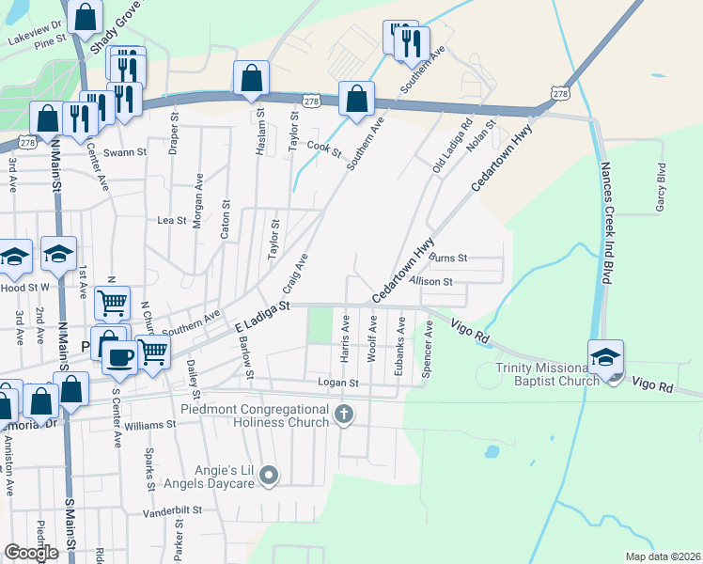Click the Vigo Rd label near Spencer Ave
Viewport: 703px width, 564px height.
point(471,331)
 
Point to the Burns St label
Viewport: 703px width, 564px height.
point(448,258)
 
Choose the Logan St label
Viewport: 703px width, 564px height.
point(338,384)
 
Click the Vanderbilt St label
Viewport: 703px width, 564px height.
point(173,510)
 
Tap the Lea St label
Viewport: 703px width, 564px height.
point(171,220)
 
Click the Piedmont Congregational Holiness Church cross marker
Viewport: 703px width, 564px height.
point(344,414)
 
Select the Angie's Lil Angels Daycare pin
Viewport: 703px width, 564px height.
point(270,476)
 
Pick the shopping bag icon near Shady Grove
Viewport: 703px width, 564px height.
point(86,17)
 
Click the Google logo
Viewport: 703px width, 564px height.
point(32,553)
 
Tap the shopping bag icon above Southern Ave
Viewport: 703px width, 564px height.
point(356,98)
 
